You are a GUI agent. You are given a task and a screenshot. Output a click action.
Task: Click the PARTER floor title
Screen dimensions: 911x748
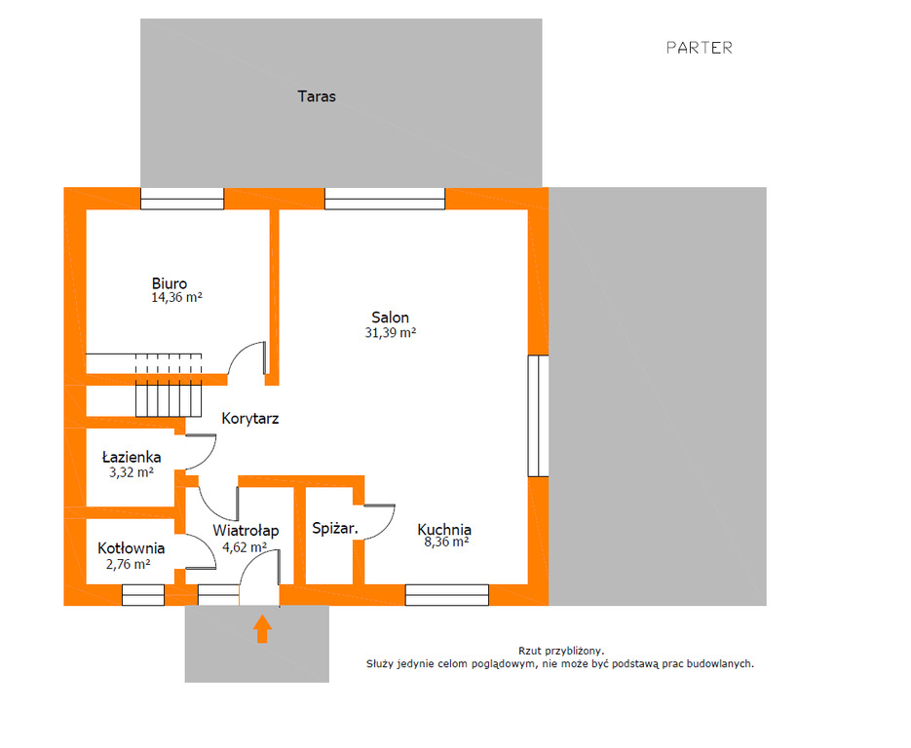pyautogui.click(x=699, y=48)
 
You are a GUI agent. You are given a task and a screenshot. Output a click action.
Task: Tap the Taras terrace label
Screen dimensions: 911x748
pyautogui.click(x=317, y=96)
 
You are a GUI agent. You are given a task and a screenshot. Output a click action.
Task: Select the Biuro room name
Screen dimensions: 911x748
pyautogui.click(x=170, y=283)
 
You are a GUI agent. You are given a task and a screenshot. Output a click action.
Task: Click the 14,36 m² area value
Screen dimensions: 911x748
pyautogui.click(x=176, y=297)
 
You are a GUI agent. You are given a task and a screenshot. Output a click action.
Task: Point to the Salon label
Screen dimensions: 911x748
pyautogui.click(x=391, y=318)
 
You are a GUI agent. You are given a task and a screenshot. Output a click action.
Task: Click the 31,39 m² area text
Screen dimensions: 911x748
pyautogui.click(x=391, y=333)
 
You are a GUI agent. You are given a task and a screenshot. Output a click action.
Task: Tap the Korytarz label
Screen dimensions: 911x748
pyautogui.click(x=250, y=418)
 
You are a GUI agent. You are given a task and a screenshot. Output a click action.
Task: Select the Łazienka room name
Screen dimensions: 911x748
pyautogui.click(x=132, y=457)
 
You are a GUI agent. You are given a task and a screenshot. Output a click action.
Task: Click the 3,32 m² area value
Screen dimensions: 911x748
pyautogui.click(x=132, y=472)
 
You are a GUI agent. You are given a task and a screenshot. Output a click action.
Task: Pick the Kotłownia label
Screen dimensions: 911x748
pyautogui.click(x=132, y=548)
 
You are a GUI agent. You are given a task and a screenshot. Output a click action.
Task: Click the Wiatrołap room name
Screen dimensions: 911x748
pyautogui.click(x=246, y=530)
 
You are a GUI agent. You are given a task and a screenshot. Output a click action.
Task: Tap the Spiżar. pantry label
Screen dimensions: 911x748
pyautogui.click(x=334, y=529)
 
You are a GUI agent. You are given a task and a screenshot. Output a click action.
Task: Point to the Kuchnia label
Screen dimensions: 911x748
pyautogui.click(x=444, y=529)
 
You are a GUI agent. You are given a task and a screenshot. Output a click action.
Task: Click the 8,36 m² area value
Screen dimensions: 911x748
pyautogui.click(x=447, y=542)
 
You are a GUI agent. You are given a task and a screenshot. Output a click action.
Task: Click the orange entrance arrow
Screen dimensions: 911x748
pyautogui.click(x=262, y=629)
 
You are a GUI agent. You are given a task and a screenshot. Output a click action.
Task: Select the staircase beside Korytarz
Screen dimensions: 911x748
pyautogui.click(x=169, y=385)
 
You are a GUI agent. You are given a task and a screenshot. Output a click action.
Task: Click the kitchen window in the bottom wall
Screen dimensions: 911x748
pyautogui.click(x=447, y=595)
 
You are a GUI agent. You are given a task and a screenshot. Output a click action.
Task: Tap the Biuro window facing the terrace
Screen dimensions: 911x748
pyautogui.click(x=182, y=199)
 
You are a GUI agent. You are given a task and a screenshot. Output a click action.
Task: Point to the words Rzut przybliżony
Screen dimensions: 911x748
pyautogui.click(x=561, y=652)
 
